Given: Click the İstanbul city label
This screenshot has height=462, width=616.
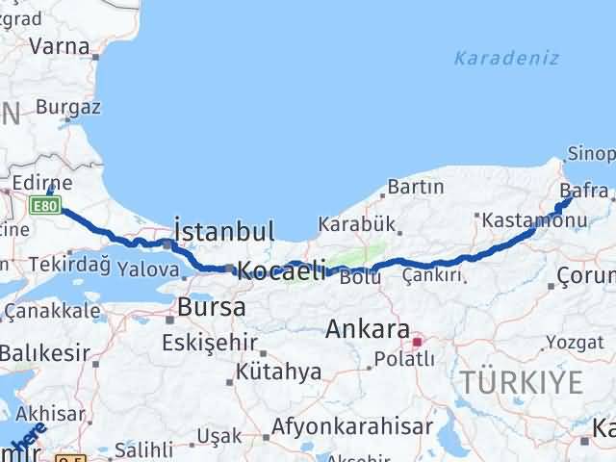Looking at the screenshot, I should [224, 231].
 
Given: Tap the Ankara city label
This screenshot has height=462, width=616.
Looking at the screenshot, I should [368, 329].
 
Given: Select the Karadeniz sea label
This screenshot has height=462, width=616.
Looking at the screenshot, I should [506, 58].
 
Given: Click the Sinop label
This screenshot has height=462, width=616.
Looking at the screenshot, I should [590, 153].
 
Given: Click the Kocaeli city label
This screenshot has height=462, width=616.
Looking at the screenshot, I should [281, 270].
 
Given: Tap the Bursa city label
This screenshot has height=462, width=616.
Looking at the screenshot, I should [211, 308].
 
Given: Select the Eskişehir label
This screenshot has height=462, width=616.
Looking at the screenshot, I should [208, 343].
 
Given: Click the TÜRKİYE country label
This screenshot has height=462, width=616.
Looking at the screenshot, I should [521, 383].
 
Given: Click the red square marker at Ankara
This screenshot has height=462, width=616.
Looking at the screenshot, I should [417, 341].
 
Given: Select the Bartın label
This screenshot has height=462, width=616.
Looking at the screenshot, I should [416, 186].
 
